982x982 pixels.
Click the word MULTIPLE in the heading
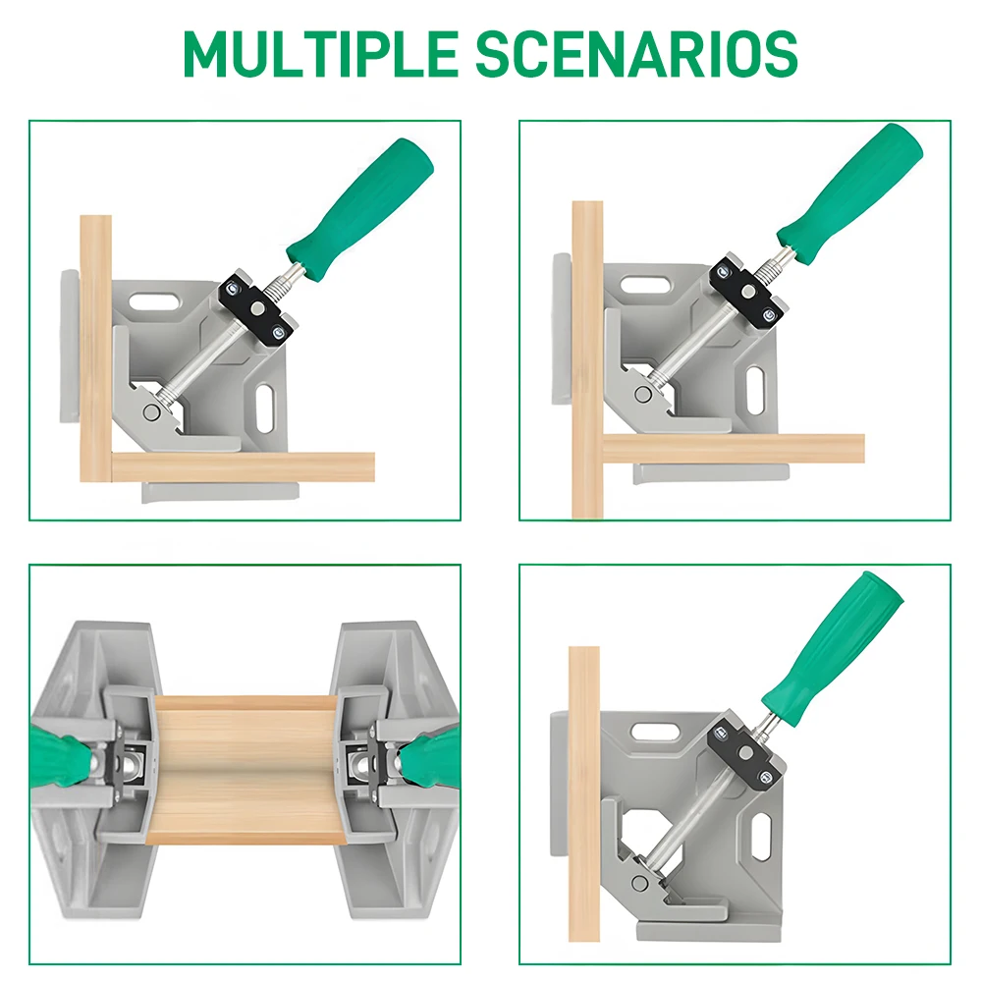point(321,53)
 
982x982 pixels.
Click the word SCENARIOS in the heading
point(637,53)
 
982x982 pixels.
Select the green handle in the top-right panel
point(849,194)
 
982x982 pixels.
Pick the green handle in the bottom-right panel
point(833,649)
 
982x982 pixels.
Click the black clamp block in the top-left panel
point(256,306)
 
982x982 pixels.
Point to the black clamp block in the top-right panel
point(747,292)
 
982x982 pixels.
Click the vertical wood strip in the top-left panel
point(96,349)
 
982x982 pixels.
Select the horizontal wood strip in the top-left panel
point(243,467)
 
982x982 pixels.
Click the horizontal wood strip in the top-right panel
point(734,449)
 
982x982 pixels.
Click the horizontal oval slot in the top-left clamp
point(154,300)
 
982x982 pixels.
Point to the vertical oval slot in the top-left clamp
point(265,409)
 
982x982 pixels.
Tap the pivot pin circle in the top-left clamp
point(151,412)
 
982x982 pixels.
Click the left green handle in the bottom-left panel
point(58,754)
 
